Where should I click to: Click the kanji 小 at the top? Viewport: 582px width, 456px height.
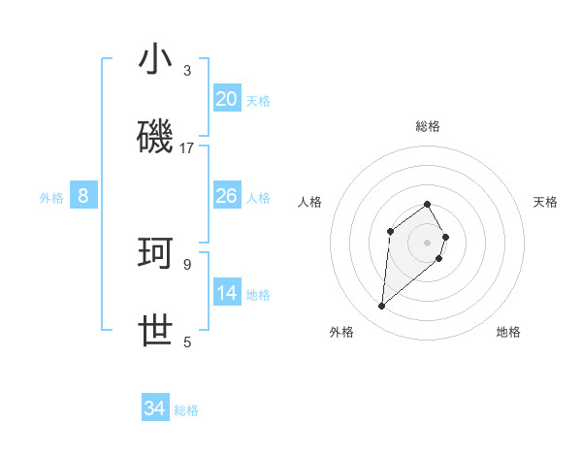[156, 60]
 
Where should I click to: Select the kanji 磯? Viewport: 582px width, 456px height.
[156, 138]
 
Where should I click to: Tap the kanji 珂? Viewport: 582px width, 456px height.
[156, 253]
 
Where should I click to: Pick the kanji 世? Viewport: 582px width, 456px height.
[156, 331]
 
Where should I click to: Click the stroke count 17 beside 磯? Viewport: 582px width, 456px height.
[187, 148]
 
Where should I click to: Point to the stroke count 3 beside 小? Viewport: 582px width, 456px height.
[187, 71]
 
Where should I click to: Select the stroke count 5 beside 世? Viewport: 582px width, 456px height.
[187, 342]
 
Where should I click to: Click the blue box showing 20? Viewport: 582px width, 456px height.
[227, 99]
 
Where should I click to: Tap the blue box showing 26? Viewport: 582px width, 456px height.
[227, 196]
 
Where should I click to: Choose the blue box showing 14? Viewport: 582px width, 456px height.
[227, 293]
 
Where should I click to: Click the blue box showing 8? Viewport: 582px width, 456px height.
[82, 196]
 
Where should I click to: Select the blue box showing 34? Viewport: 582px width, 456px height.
[155, 408]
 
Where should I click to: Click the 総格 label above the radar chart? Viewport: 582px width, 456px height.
[428, 126]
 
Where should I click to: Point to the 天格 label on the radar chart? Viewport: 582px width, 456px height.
[546, 202]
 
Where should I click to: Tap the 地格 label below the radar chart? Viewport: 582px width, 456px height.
[508, 332]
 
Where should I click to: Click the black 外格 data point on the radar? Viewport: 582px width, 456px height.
[382, 307]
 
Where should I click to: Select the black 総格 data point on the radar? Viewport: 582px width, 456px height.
[427, 204]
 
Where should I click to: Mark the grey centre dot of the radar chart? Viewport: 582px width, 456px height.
[427, 243]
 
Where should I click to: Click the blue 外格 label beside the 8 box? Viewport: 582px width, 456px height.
[51, 197]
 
